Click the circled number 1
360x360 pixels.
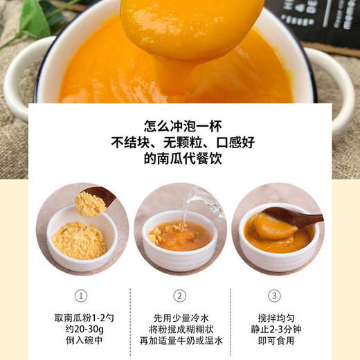click(82, 296)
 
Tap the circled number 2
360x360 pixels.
click(180, 296)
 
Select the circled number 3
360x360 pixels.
click(276, 296)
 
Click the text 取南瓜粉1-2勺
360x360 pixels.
click(82, 318)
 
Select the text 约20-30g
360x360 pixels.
click(82, 330)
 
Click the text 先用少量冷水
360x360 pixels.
click(180, 318)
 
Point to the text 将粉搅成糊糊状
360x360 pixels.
click(180, 330)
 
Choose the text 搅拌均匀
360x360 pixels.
click(276, 318)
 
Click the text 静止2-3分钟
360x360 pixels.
click(276, 330)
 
